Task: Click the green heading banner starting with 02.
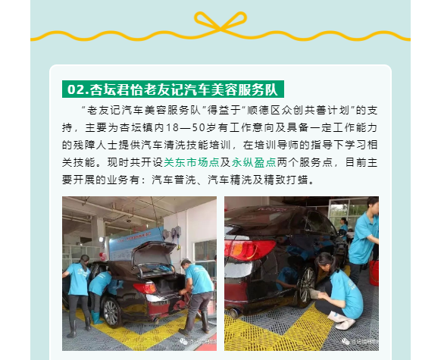click(x=173, y=89)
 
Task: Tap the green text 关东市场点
click(x=191, y=162)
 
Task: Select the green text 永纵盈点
click(x=254, y=162)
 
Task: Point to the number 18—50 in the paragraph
click(x=186, y=127)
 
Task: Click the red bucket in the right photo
click(x=374, y=273)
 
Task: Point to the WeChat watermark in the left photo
click(x=198, y=342)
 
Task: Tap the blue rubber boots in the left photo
click(x=96, y=318)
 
